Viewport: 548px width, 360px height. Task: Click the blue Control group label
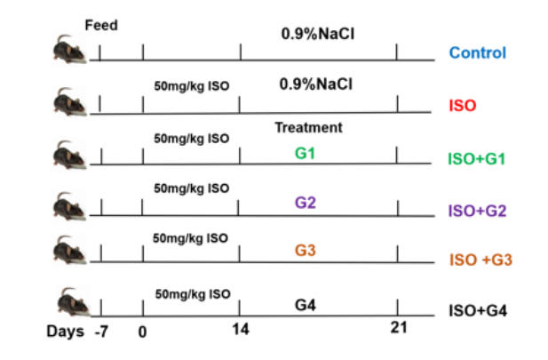[x=478, y=52]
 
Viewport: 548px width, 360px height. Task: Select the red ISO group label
[x=463, y=105]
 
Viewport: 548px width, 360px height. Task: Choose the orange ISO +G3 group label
[x=477, y=260]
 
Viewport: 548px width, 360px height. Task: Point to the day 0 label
[x=143, y=331]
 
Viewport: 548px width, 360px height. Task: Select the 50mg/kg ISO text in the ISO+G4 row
[x=192, y=292]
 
